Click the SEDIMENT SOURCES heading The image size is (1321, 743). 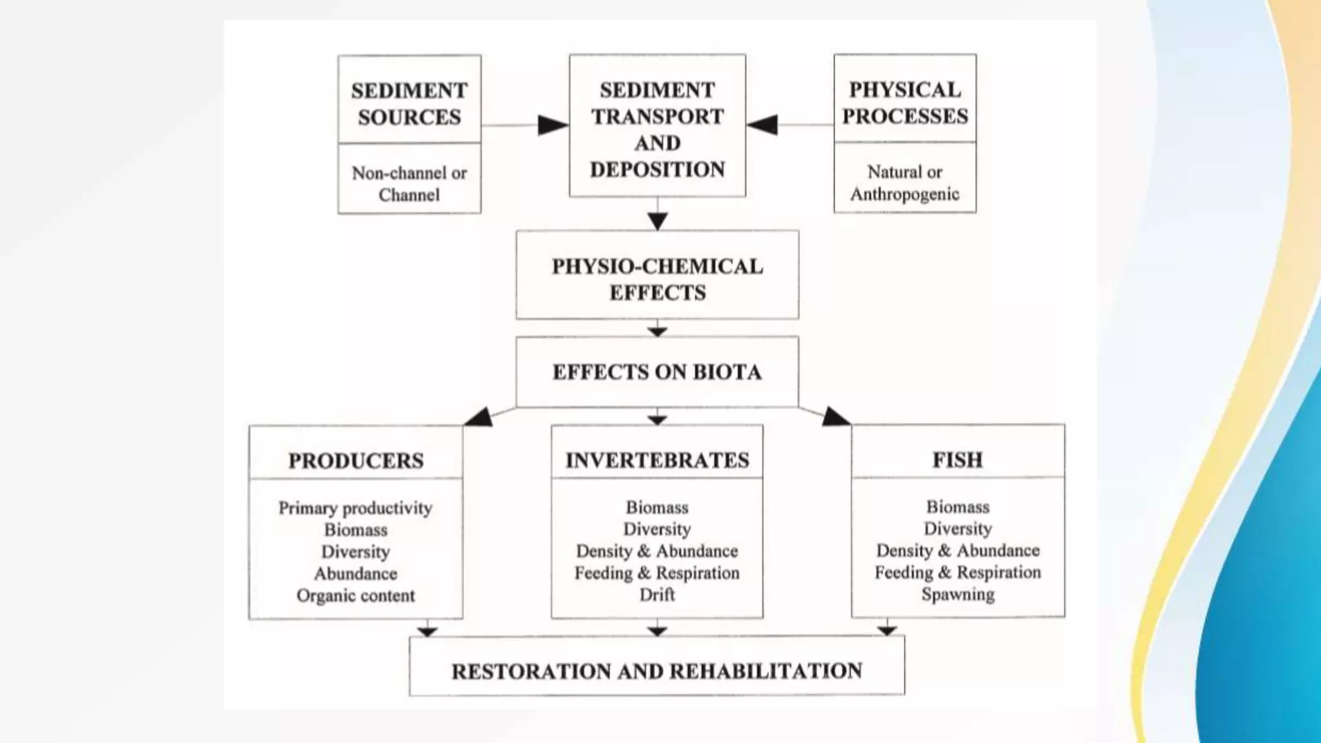point(409,103)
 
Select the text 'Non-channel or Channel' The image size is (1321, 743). point(409,184)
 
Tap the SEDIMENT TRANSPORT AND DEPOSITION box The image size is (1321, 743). point(657,129)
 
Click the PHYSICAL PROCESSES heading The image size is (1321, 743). point(905,103)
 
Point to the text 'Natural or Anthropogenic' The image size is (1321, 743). point(905,183)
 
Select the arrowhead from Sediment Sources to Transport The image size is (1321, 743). point(553,125)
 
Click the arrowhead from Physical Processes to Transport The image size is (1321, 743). point(762,124)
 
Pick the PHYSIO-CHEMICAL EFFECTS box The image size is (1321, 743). point(657,279)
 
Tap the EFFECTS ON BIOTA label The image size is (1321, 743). point(657,372)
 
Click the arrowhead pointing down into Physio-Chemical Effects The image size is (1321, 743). point(657,221)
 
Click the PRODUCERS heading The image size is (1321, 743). point(355,461)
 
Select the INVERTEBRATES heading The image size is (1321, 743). point(657,460)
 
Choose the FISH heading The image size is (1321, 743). point(958,460)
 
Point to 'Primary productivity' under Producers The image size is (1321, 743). point(355,508)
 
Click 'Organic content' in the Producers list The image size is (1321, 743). point(355,595)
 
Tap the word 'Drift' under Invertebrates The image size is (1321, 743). point(657,594)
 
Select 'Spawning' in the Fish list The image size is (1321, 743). point(958,594)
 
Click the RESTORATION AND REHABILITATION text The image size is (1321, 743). point(657,671)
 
